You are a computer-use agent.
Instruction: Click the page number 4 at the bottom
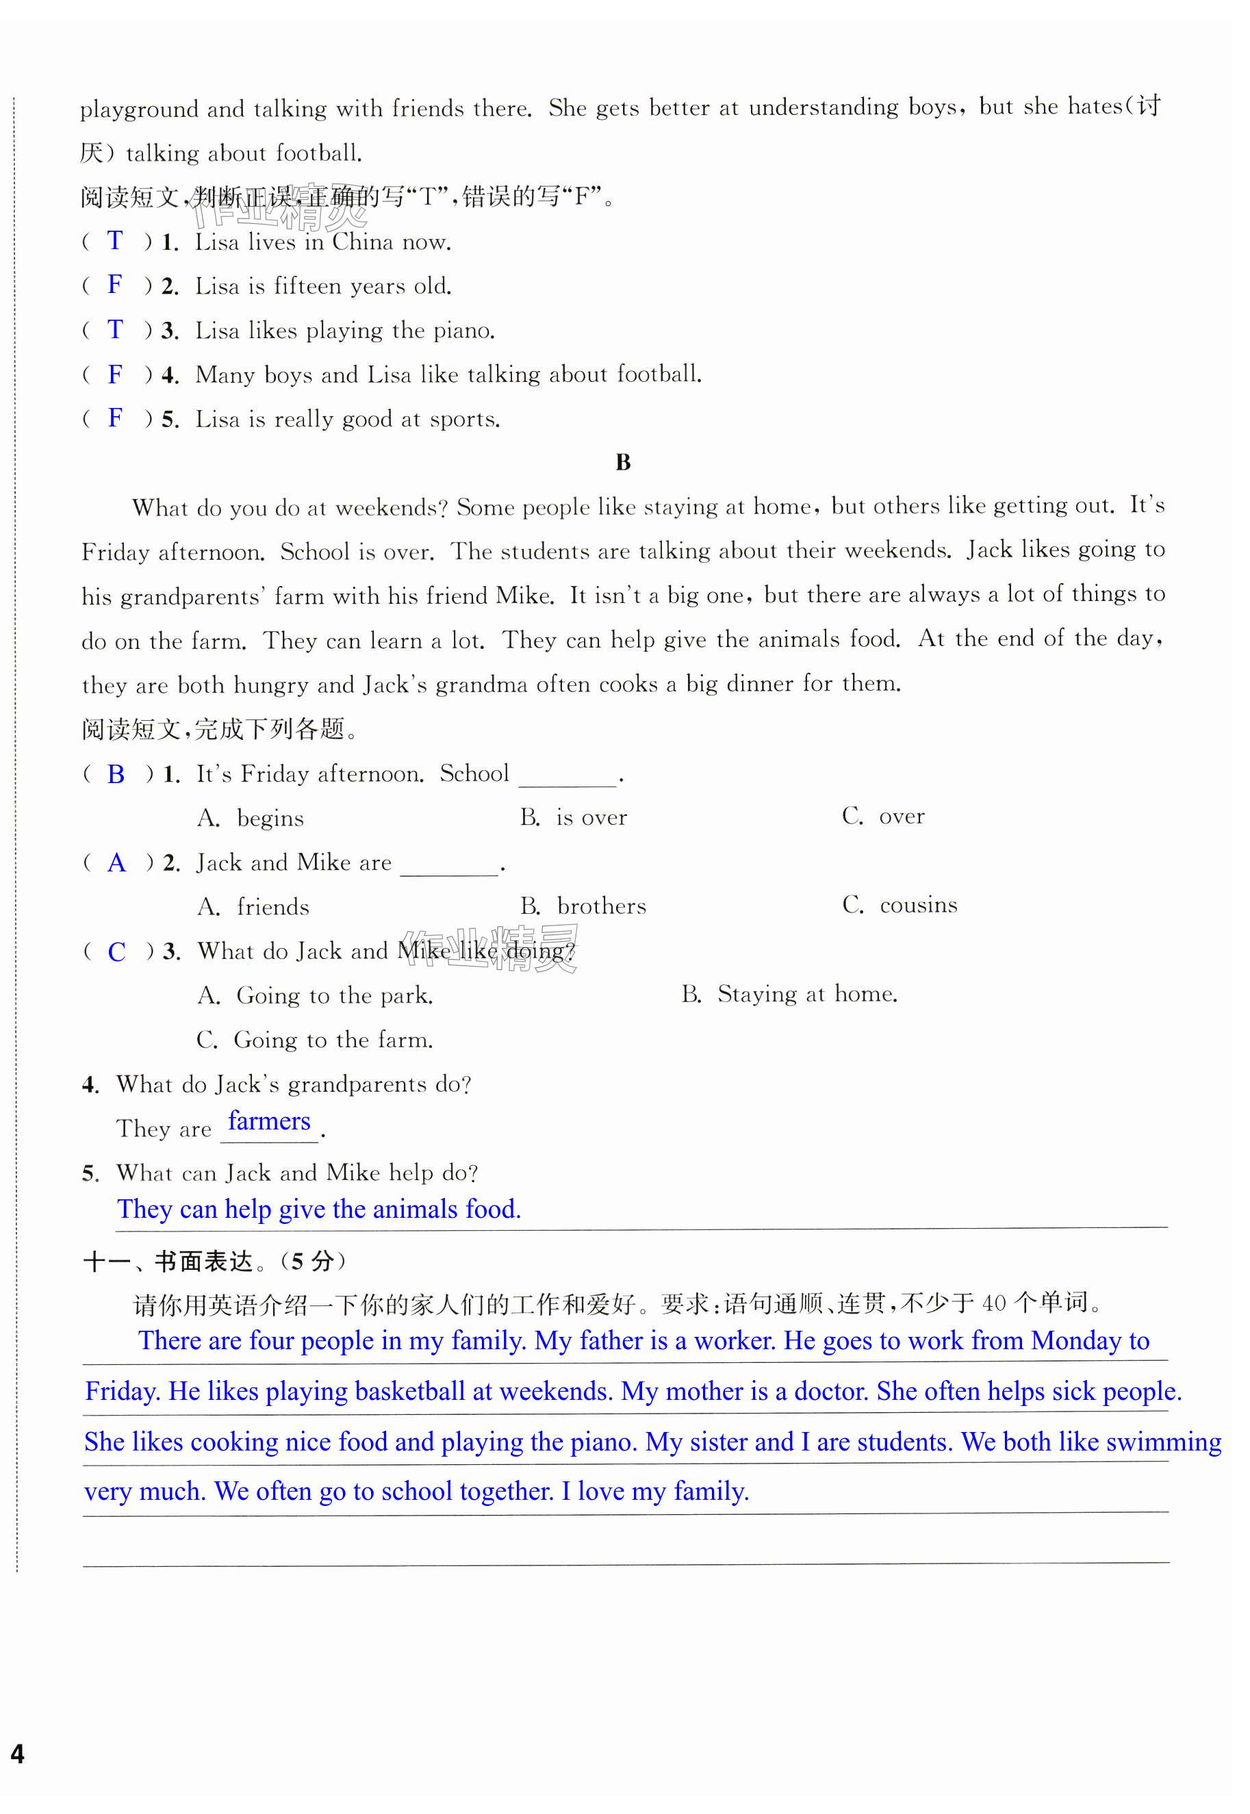click(x=17, y=1753)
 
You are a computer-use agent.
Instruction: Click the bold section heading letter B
click(x=623, y=462)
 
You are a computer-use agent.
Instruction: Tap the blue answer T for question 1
click(x=115, y=240)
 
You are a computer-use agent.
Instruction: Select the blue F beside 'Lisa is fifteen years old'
click(x=115, y=284)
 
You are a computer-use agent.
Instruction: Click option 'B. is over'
click(x=574, y=818)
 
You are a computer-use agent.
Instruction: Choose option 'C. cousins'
click(x=900, y=906)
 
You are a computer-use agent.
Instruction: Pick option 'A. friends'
click(x=254, y=907)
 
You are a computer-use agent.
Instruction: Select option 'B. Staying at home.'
click(x=789, y=995)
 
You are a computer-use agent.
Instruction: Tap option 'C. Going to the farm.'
click(x=315, y=1040)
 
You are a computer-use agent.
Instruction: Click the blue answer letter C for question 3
click(x=116, y=951)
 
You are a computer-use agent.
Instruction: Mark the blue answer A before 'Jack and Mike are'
click(x=116, y=863)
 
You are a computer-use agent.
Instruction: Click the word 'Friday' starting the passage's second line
click(x=115, y=552)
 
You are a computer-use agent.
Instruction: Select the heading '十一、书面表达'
click(x=168, y=1262)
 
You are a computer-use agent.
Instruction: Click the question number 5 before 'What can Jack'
click(x=90, y=1173)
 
